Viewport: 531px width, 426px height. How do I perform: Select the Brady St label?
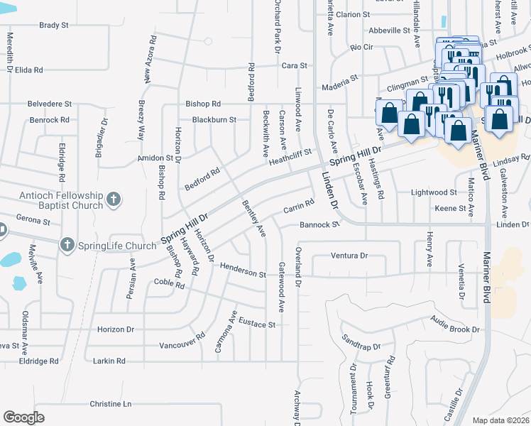click(53, 25)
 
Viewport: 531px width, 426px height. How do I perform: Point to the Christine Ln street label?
click(111, 404)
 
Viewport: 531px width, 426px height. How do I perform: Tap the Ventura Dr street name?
click(349, 256)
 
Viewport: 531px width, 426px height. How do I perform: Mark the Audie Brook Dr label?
click(454, 329)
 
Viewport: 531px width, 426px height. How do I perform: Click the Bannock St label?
click(319, 225)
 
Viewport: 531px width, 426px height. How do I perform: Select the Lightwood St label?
click(434, 192)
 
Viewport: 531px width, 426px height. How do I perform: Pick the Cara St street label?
click(294, 65)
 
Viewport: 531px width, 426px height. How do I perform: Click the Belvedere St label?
click(50, 104)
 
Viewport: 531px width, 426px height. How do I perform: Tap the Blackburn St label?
click(214, 120)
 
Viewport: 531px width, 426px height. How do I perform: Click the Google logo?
click(23, 417)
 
